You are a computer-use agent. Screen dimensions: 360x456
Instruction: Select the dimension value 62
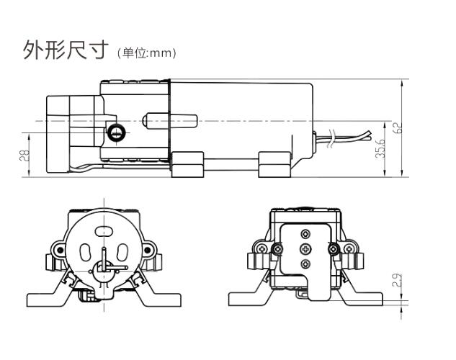click(397, 128)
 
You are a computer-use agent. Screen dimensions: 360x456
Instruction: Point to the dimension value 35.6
click(380, 147)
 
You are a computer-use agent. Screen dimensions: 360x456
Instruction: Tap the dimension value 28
click(23, 155)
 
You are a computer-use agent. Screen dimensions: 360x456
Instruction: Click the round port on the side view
click(115, 132)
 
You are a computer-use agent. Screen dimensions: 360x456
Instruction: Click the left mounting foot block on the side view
click(188, 166)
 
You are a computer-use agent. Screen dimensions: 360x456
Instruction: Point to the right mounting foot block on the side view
click(274, 166)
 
